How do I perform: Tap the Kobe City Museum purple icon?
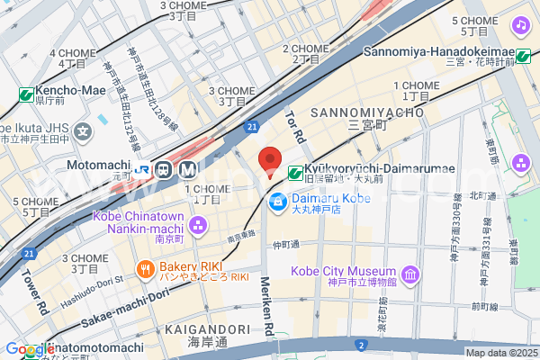pos(409,273)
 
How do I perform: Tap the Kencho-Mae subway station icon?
pos(26,94)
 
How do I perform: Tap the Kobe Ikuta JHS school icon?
pos(83,131)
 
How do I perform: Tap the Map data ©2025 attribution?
pos(500,353)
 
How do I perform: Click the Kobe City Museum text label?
pos(343,272)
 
